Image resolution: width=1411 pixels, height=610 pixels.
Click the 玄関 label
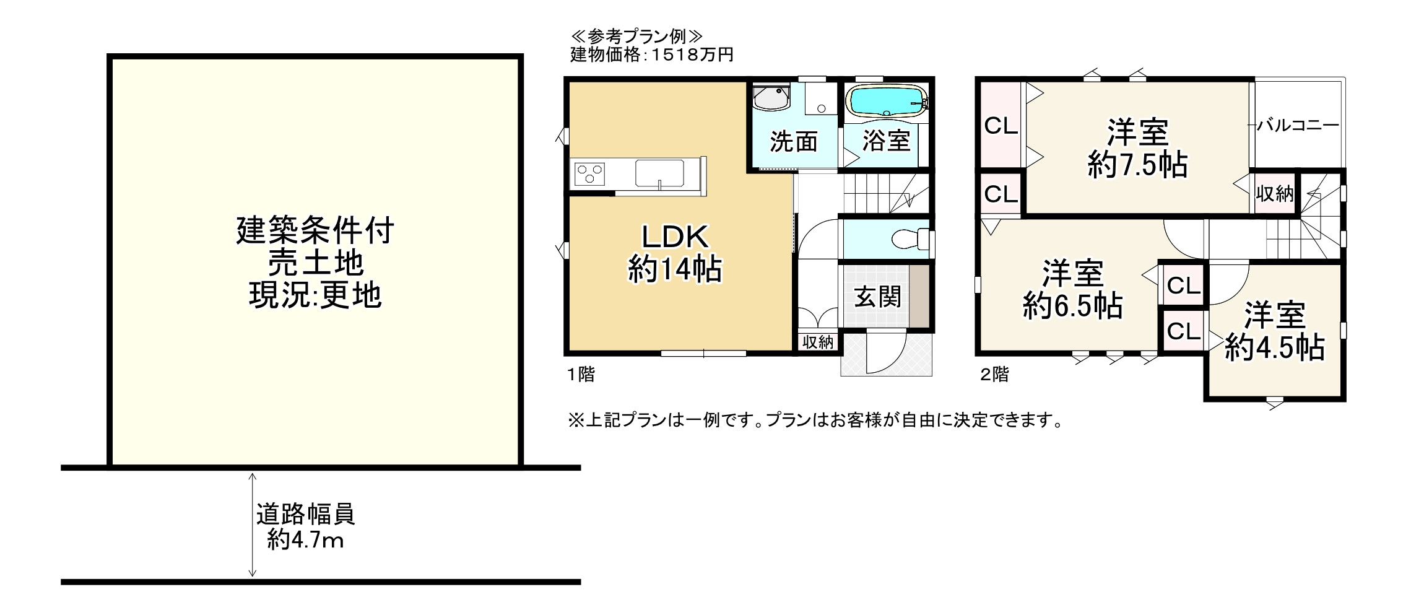(x=877, y=297)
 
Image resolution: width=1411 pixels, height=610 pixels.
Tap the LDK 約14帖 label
(x=674, y=253)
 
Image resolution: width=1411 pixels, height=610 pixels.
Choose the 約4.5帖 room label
(x=1275, y=332)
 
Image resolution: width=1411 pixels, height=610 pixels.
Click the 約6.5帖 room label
(x=1072, y=290)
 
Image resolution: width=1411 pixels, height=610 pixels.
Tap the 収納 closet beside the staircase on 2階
(x=1274, y=194)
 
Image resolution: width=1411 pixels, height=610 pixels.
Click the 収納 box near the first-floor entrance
(x=818, y=342)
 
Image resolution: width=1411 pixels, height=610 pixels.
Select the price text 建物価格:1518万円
(x=651, y=55)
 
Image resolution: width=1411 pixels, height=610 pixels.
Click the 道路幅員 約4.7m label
(x=306, y=526)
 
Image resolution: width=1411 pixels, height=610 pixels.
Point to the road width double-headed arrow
(x=252, y=525)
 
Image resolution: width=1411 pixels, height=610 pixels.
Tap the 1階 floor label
(x=581, y=375)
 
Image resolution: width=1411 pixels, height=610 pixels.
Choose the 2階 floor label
(x=994, y=375)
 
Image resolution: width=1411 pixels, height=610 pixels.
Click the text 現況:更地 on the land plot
(x=315, y=295)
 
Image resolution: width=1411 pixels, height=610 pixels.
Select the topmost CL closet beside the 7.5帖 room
(x=1001, y=127)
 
